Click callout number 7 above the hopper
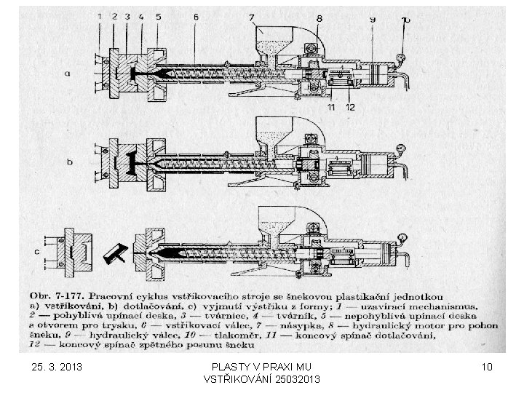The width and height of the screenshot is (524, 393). [250, 17]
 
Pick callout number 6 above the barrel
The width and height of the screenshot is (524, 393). [196, 16]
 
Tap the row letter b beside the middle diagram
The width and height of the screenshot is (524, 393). [70, 162]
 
